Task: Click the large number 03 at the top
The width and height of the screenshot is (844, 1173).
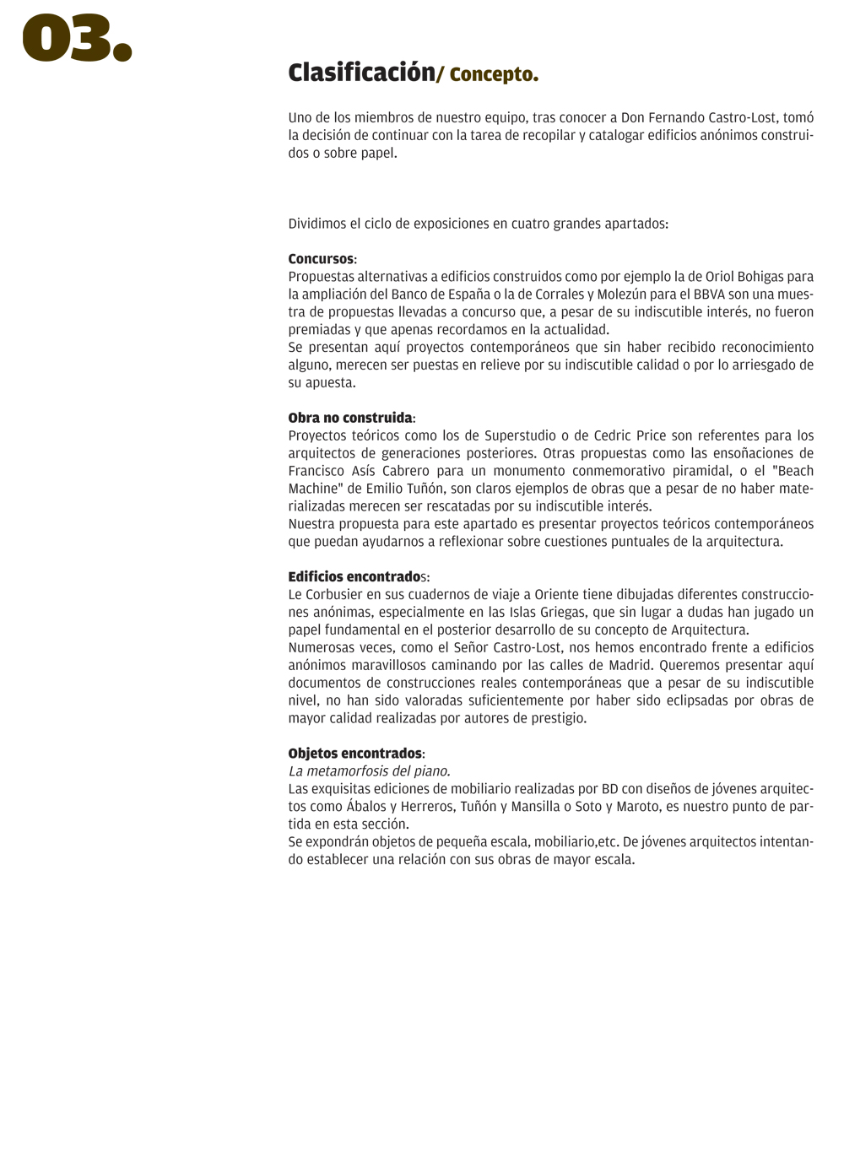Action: [x=76, y=39]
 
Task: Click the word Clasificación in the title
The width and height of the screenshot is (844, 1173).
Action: [x=361, y=73]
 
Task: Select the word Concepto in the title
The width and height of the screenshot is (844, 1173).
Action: [x=494, y=74]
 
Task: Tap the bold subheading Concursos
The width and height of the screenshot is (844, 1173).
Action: [x=321, y=259]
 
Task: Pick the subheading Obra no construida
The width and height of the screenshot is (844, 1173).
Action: [x=350, y=418]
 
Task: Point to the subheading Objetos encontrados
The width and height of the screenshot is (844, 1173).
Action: [x=355, y=754]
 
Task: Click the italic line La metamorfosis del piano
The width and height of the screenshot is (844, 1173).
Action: [x=369, y=771]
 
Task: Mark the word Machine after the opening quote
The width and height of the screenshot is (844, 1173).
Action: [x=313, y=489]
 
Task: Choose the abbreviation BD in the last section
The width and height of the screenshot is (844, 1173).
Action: [x=609, y=789]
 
